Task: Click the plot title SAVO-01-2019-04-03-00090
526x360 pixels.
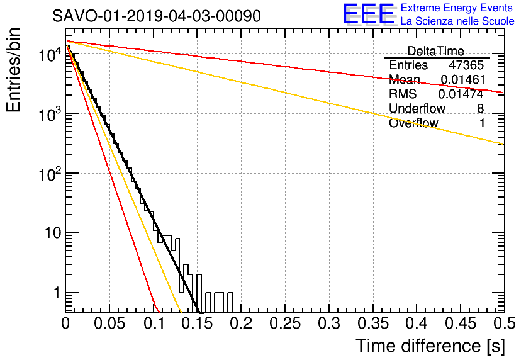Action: coord(157,16)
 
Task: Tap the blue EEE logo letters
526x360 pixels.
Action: coord(369,14)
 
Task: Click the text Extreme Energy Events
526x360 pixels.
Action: coord(457,8)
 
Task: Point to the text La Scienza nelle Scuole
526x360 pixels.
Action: coord(457,21)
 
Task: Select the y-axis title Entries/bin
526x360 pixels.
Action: coord(13,70)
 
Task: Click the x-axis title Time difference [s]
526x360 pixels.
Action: coord(430,346)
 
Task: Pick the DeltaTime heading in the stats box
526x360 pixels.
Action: coord(436,51)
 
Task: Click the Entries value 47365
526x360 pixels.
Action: coord(466,65)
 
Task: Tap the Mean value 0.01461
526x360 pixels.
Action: coord(463,79)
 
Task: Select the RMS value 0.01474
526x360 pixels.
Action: coord(461,94)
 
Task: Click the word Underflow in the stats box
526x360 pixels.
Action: coord(417,108)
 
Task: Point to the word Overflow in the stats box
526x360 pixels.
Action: coord(413,123)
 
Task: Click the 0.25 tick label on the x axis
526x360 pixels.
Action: coord(285,323)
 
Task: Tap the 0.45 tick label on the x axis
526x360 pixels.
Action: coord(461,323)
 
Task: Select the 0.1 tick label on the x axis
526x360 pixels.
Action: coord(153,323)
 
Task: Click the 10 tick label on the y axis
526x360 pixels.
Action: coord(53,233)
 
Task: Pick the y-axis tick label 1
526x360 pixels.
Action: coord(57,293)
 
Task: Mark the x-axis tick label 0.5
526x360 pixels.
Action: coord(504,323)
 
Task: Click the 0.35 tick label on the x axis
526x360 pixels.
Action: coord(372,323)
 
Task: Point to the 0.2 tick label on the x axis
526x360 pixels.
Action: coord(241,323)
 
